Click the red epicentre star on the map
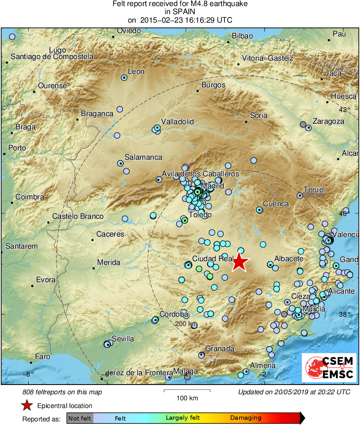pos(239,262)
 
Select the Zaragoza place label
pos(328,121)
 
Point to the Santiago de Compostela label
pos(52,57)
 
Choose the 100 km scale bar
pos(187,391)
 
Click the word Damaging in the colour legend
pos(246,418)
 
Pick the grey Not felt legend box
pos(80,418)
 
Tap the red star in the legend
pos(27,405)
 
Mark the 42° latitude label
pos(345,110)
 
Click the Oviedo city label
pos(129,31)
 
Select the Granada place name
pos(220,349)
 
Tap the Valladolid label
pos(178,122)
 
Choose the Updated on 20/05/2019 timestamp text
pos(294,392)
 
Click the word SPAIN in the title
pos(180,12)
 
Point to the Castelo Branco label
pos(78,217)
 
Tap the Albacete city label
pos(289,259)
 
